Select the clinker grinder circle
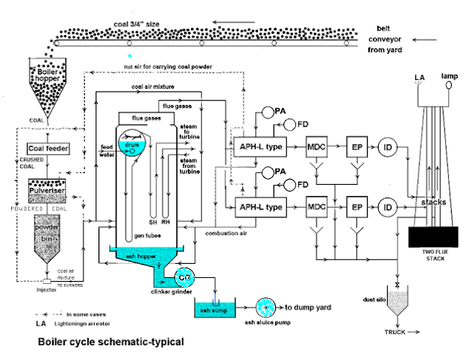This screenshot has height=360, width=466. coord(183,277)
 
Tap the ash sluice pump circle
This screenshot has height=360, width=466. coord(265,306)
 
